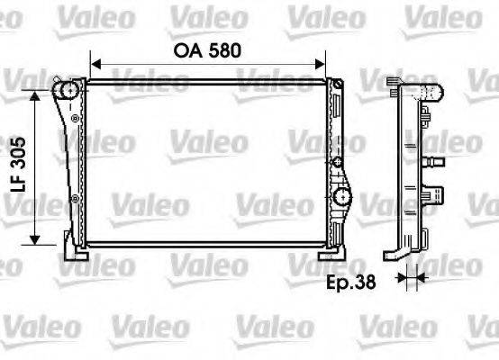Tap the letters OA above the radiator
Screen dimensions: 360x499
pyautogui.click(x=186, y=51)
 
